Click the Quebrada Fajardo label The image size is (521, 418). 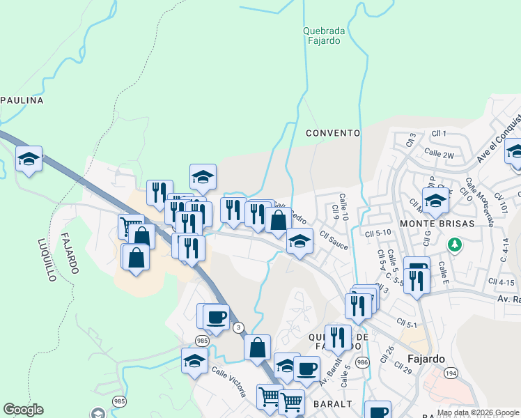tap(321, 36)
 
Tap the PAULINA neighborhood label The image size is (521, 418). tap(22, 100)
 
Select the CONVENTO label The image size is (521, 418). tap(332, 132)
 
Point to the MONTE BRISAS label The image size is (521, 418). tap(437, 224)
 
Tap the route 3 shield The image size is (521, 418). tap(239, 327)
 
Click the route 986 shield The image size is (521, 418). tap(361, 362)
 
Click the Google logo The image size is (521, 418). tap(23, 410)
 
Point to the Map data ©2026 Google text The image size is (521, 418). tap(478, 412)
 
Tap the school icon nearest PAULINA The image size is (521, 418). tap(29, 160)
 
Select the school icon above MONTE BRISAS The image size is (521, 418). tap(435, 201)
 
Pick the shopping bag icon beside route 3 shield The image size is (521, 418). tap(257, 346)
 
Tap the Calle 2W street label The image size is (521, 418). tap(439, 153)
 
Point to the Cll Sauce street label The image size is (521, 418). tap(334, 242)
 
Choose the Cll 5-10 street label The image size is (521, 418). tap(393, 233)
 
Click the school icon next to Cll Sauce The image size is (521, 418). tap(300, 242)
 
